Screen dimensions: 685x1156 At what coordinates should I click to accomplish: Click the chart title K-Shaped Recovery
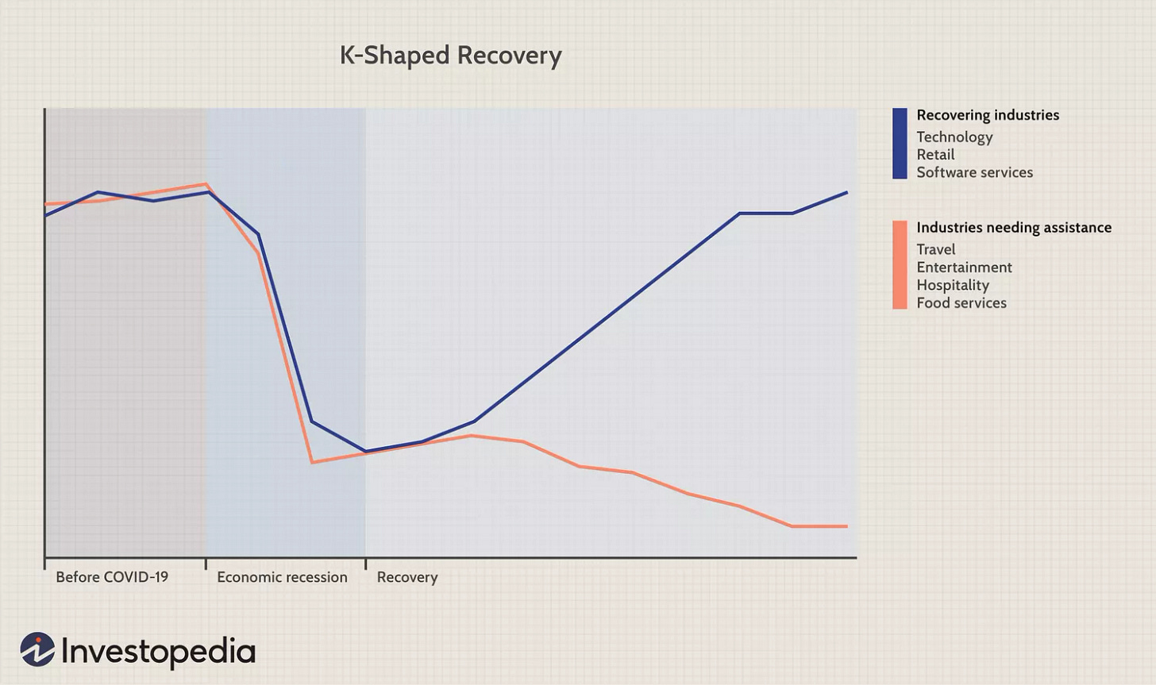tap(450, 56)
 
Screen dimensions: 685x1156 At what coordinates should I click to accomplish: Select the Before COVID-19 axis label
tap(112, 577)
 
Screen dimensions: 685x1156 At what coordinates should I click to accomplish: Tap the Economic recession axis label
tap(282, 577)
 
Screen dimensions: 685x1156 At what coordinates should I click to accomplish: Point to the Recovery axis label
tap(407, 577)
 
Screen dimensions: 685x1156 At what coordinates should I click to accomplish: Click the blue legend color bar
tap(900, 144)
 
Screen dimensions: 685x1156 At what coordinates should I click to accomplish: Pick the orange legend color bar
tap(900, 264)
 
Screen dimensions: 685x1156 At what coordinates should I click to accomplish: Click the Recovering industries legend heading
tap(988, 115)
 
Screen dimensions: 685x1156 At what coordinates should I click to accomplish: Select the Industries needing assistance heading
tap(1014, 228)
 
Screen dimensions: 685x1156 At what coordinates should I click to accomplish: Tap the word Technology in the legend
tap(954, 137)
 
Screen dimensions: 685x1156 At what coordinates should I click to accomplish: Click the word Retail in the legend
tap(935, 155)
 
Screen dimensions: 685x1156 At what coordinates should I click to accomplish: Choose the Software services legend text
tap(974, 172)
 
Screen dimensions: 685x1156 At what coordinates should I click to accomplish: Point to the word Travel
tap(935, 249)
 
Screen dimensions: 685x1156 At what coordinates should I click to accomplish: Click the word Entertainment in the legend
tap(964, 267)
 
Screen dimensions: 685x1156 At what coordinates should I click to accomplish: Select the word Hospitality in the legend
tap(952, 285)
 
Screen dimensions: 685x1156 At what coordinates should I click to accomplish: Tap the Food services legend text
tap(961, 302)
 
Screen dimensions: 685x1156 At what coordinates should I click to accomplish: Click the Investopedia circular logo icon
tap(37, 650)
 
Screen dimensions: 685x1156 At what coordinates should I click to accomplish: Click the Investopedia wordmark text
tap(158, 652)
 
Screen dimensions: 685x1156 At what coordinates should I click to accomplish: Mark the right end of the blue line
tap(846, 193)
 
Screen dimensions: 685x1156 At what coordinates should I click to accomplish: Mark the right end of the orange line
tap(846, 526)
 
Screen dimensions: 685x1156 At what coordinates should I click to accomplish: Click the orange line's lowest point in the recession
tap(313, 462)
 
